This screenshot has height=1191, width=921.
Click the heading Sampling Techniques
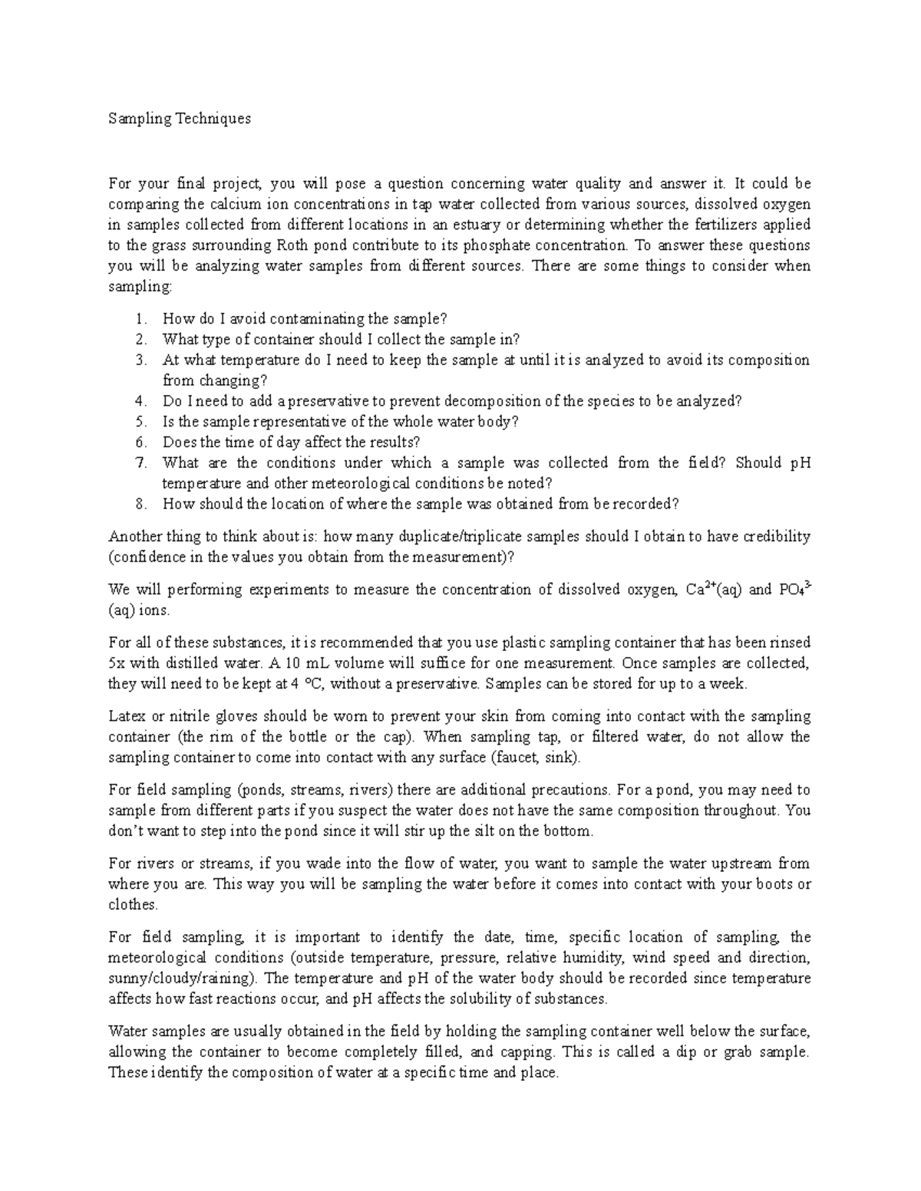tap(180, 119)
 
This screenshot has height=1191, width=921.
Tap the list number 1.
tap(138, 318)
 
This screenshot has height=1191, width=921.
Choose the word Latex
tap(127, 716)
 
